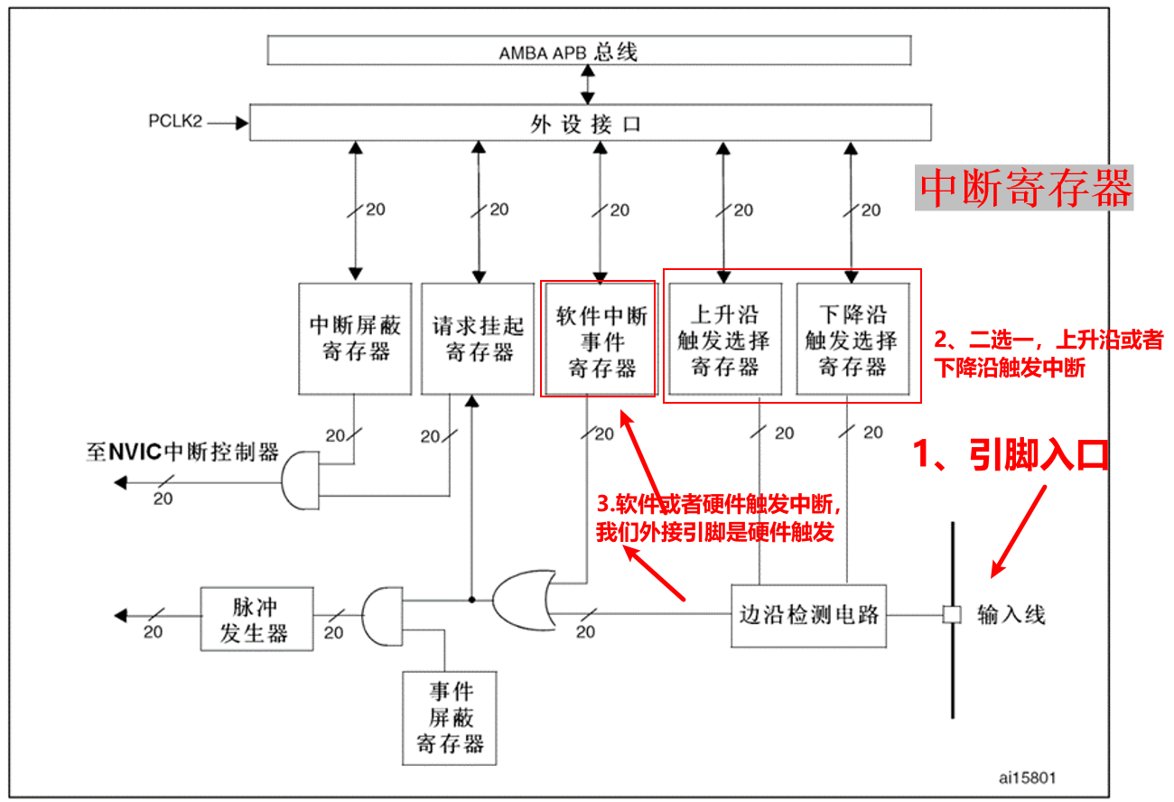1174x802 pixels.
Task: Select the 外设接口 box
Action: click(x=590, y=123)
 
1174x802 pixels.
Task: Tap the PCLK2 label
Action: click(x=175, y=121)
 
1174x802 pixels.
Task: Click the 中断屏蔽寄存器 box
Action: click(x=355, y=338)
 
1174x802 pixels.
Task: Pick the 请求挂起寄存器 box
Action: click(x=478, y=338)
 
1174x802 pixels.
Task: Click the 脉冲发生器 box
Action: click(x=256, y=619)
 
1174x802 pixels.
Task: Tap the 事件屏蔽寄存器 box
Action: click(x=450, y=717)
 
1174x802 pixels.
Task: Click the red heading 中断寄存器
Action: click(x=1024, y=188)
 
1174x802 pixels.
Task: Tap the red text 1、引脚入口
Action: click(x=1011, y=455)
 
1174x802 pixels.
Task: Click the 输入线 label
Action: click(x=1011, y=616)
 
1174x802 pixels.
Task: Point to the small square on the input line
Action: click(x=951, y=615)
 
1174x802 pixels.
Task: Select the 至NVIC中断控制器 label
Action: click(x=182, y=452)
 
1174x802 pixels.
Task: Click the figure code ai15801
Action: click(x=1027, y=777)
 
